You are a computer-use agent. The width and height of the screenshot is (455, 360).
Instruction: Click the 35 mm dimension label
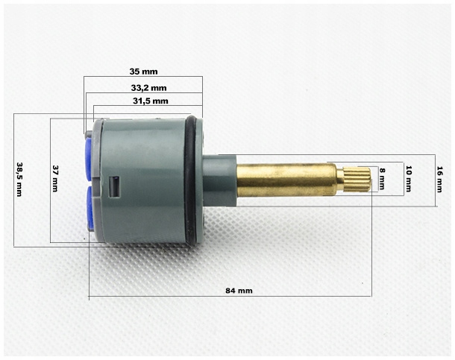[143, 72]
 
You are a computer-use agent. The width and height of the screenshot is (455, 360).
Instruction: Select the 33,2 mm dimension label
[148, 87]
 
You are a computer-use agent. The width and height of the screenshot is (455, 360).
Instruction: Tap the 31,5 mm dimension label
[151, 101]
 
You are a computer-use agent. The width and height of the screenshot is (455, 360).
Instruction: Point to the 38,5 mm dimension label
[19, 180]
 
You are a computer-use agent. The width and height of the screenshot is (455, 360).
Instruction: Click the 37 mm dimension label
[55, 178]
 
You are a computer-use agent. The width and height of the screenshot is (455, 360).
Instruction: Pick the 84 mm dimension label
[239, 291]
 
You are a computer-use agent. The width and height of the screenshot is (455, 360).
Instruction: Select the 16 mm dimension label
[439, 179]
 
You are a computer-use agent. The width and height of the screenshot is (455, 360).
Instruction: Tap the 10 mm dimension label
[408, 179]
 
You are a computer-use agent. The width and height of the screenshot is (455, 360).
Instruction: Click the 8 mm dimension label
[382, 179]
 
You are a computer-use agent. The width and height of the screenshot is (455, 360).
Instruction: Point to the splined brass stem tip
[357, 180]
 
